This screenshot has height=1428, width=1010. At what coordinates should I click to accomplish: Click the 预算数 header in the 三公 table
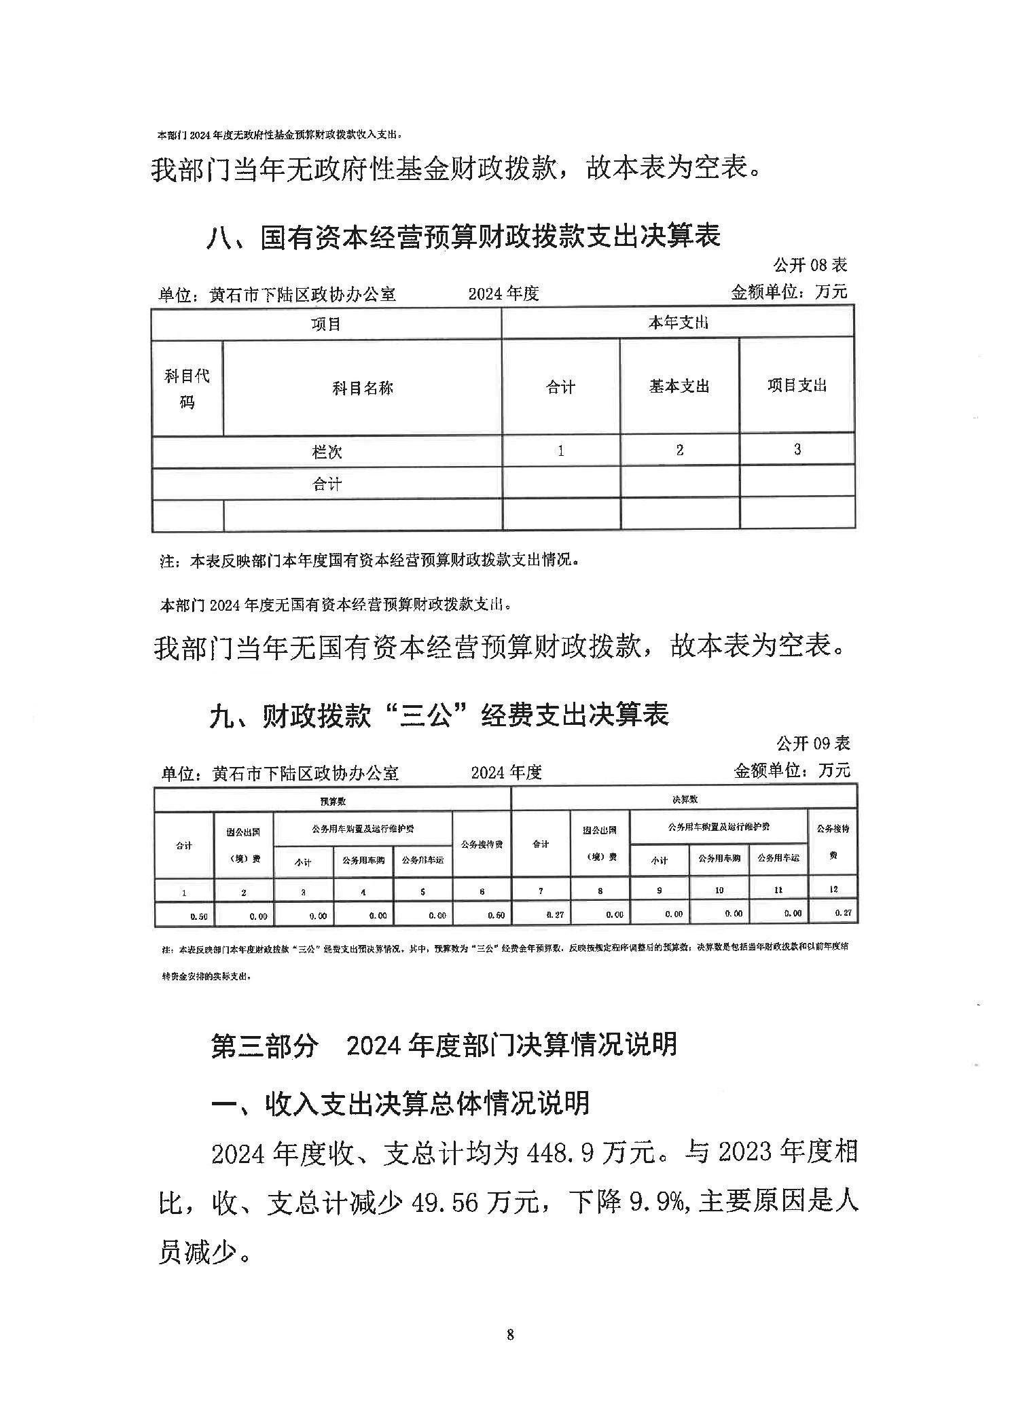coord(332,802)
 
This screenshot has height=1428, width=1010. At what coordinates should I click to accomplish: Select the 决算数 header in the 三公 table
coord(684,800)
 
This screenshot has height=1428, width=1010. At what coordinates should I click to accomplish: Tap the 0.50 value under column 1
coord(199,916)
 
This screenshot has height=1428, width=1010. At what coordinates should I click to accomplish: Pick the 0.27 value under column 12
coord(842,913)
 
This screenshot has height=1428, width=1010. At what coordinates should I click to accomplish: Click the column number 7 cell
coord(541,890)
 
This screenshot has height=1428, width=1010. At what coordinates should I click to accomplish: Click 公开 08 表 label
coord(810,264)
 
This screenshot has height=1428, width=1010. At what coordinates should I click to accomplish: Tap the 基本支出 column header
coord(679,387)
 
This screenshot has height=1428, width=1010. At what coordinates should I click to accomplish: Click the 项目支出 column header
coord(797,385)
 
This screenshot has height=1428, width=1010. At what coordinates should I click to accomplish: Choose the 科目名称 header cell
coord(362,389)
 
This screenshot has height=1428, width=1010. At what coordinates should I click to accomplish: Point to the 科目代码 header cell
coord(187,389)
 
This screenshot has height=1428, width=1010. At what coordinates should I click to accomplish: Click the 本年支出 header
coord(678,323)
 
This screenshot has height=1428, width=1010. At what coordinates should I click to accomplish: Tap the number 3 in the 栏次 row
coord(797,449)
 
